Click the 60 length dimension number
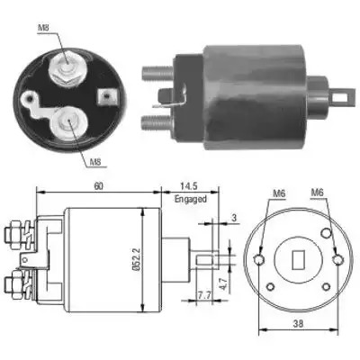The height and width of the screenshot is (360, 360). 98,186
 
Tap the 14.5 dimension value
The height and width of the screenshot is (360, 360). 188,186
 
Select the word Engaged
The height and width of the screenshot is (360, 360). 191,199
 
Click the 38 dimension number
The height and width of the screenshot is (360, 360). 299,323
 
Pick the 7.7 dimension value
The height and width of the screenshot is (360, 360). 203,295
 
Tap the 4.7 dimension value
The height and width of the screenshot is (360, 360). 223,283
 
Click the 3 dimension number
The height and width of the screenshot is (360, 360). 234,218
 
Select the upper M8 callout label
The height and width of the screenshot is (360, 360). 44,28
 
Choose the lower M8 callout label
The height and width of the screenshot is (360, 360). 95,162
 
